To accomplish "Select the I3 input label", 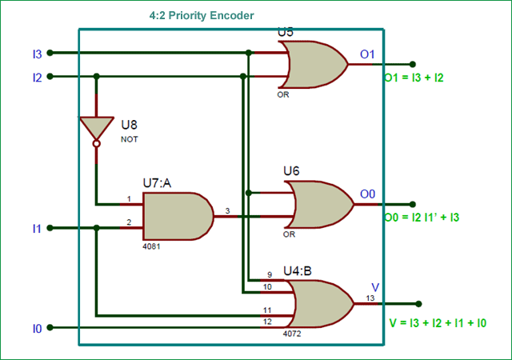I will point(36,54).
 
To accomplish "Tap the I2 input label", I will point(36,78).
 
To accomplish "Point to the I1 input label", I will point(36,229).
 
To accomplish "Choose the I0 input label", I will point(36,328).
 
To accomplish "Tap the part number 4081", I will point(151,246).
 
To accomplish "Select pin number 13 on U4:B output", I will point(370,298).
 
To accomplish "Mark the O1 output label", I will point(368,54).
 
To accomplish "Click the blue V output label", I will point(375,287).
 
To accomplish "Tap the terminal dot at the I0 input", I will point(50,328).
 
